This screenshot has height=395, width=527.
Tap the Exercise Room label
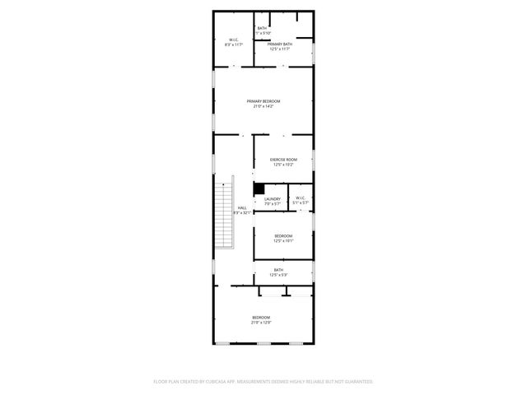pyautogui.click(x=284, y=159)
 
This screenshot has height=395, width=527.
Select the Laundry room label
pyautogui.click(x=273, y=198)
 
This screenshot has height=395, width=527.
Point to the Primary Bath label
pyautogui.click(x=281, y=44)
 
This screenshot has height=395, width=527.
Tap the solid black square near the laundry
pyautogui.click(x=258, y=188)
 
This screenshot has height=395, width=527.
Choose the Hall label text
pyautogui.click(x=242, y=208)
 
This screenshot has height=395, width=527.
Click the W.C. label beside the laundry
pyautogui.click(x=300, y=197)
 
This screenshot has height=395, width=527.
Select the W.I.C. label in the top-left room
pyautogui.click(x=233, y=39)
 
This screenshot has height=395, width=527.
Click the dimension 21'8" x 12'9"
pyautogui.click(x=261, y=322)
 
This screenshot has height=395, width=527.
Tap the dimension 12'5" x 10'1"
pyautogui.click(x=283, y=241)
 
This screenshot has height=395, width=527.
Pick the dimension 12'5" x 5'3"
pyautogui.click(x=278, y=274)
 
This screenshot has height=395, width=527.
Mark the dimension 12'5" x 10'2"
pyautogui.click(x=284, y=164)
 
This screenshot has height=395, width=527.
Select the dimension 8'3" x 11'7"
pyautogui.click(x=233, y=44)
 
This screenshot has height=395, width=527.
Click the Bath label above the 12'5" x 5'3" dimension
pyautogui.click(x=278, y=269)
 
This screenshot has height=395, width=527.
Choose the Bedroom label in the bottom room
pyautogui.click(x=261, y=317)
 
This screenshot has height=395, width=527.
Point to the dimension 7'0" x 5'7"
pyautogui.click(x=273, y=203)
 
